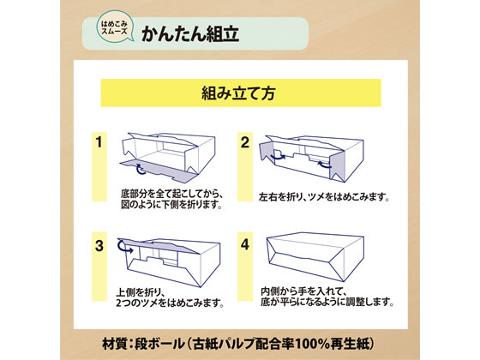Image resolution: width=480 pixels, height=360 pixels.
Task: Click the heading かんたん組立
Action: click(190, 33)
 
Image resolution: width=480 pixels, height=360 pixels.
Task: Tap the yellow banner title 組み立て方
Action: click(238, 93)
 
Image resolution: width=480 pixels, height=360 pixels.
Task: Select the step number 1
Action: click(99, 142)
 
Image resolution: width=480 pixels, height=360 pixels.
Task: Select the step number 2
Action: click(245, 142)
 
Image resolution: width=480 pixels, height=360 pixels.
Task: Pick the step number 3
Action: click(99, 246)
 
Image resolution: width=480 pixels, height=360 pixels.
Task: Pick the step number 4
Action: click(245, 244)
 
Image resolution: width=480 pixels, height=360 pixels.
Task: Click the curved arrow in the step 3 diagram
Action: click(123, 247)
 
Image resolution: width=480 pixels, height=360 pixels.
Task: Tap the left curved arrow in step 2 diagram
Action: click(278, 155)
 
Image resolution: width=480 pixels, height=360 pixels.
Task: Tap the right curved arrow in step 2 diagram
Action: click(325, 165)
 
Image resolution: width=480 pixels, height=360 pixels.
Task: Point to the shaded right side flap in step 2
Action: click(337, 166)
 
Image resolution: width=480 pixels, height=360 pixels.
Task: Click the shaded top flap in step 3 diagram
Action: click(156, 245)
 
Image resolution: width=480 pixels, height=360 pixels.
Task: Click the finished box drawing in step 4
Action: click(315, 256)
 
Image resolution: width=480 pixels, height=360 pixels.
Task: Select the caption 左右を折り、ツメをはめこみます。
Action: click(324, 196)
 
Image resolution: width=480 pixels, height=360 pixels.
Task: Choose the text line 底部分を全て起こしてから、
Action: click(171, 194)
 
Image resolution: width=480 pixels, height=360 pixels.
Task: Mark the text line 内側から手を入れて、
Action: click(303, 291)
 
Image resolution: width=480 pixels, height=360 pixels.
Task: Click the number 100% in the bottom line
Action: click(312, 344)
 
